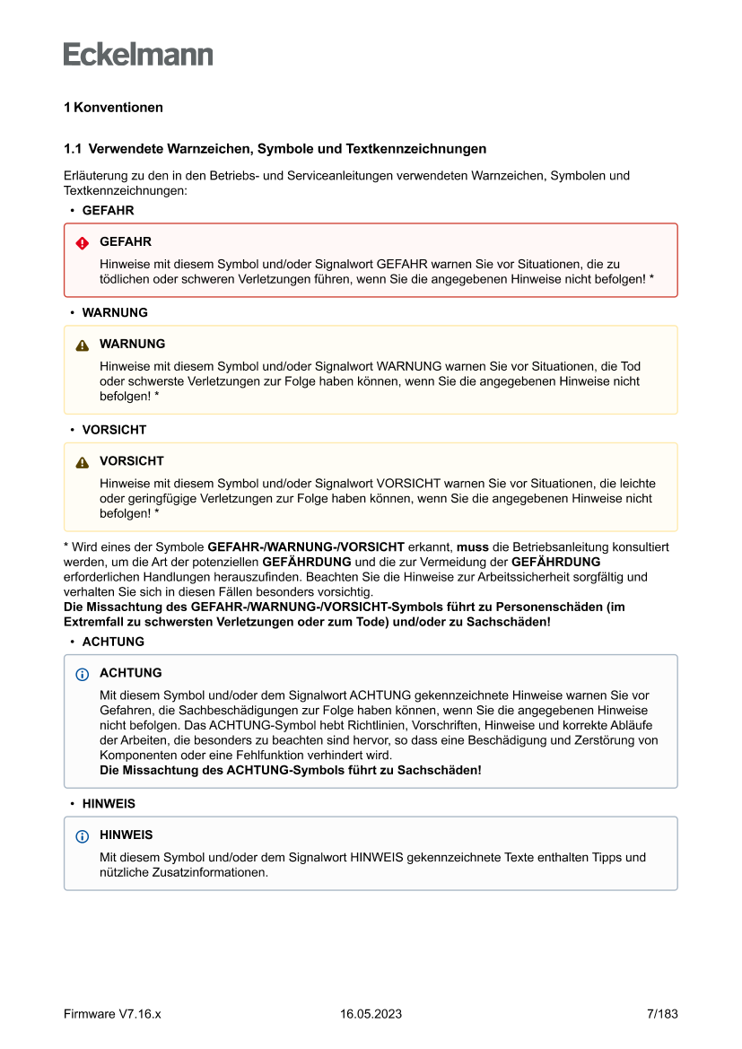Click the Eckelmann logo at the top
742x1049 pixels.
(138, 54)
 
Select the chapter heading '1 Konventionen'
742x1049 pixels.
(113, 108)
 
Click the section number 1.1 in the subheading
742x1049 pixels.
(73, 149)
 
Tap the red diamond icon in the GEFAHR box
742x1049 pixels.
(83, 243)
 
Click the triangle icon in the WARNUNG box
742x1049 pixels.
(83, 345)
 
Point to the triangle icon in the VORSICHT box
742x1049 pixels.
(83, 463)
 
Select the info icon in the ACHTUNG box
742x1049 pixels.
(83, 674)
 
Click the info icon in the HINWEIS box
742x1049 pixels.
(83, 836)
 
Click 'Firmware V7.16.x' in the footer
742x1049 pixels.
(112, 1014)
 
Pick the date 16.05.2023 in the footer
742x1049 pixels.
(371, 1014)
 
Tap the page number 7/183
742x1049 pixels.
(662, 1014)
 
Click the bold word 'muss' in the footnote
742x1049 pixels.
(472, 546)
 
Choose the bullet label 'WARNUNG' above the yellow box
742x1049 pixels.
(115, 313)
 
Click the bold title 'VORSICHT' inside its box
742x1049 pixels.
(132, 461)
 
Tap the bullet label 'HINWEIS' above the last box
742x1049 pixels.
(109, 804)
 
